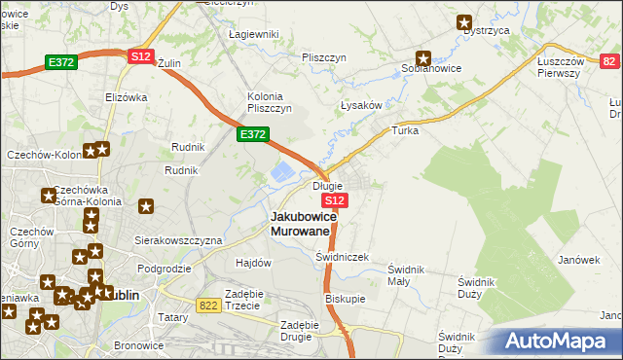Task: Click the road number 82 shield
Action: (x=609, y=61)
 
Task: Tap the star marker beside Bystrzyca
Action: (x=464, y=22)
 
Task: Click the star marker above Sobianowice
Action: (x=423, y=57)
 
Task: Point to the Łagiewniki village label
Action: (x=253, y=34)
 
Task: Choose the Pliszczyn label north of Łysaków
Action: (x=324, y=57)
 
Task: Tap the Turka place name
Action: (x=404, y=129)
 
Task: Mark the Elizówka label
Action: (x=126, y=96)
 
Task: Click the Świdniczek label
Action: (x=342, y=256)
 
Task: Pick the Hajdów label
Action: (x=253, y=263)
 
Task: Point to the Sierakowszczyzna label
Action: (x=179, y=239)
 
